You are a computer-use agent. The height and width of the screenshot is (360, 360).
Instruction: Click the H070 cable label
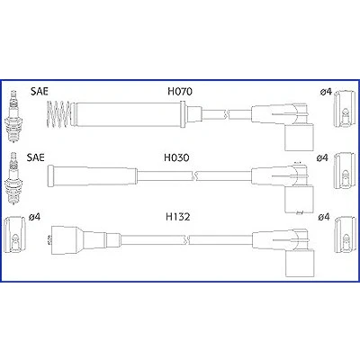[x=180, y=91]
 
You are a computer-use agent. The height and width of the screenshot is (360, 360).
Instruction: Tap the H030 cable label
[x=176, y=157]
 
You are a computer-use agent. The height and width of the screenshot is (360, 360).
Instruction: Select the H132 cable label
[x=178, y=217]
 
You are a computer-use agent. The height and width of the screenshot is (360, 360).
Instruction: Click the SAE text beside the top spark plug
[x=40, y=92]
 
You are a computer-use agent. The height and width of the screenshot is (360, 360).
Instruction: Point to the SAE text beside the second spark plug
[x=35, y=157]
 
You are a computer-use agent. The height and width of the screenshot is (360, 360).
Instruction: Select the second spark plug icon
[x=13, y=178]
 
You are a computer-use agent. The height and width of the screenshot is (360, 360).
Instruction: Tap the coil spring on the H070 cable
[x=58, y=114]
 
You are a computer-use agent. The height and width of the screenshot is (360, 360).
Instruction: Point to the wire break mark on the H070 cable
[x=227, y=114]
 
